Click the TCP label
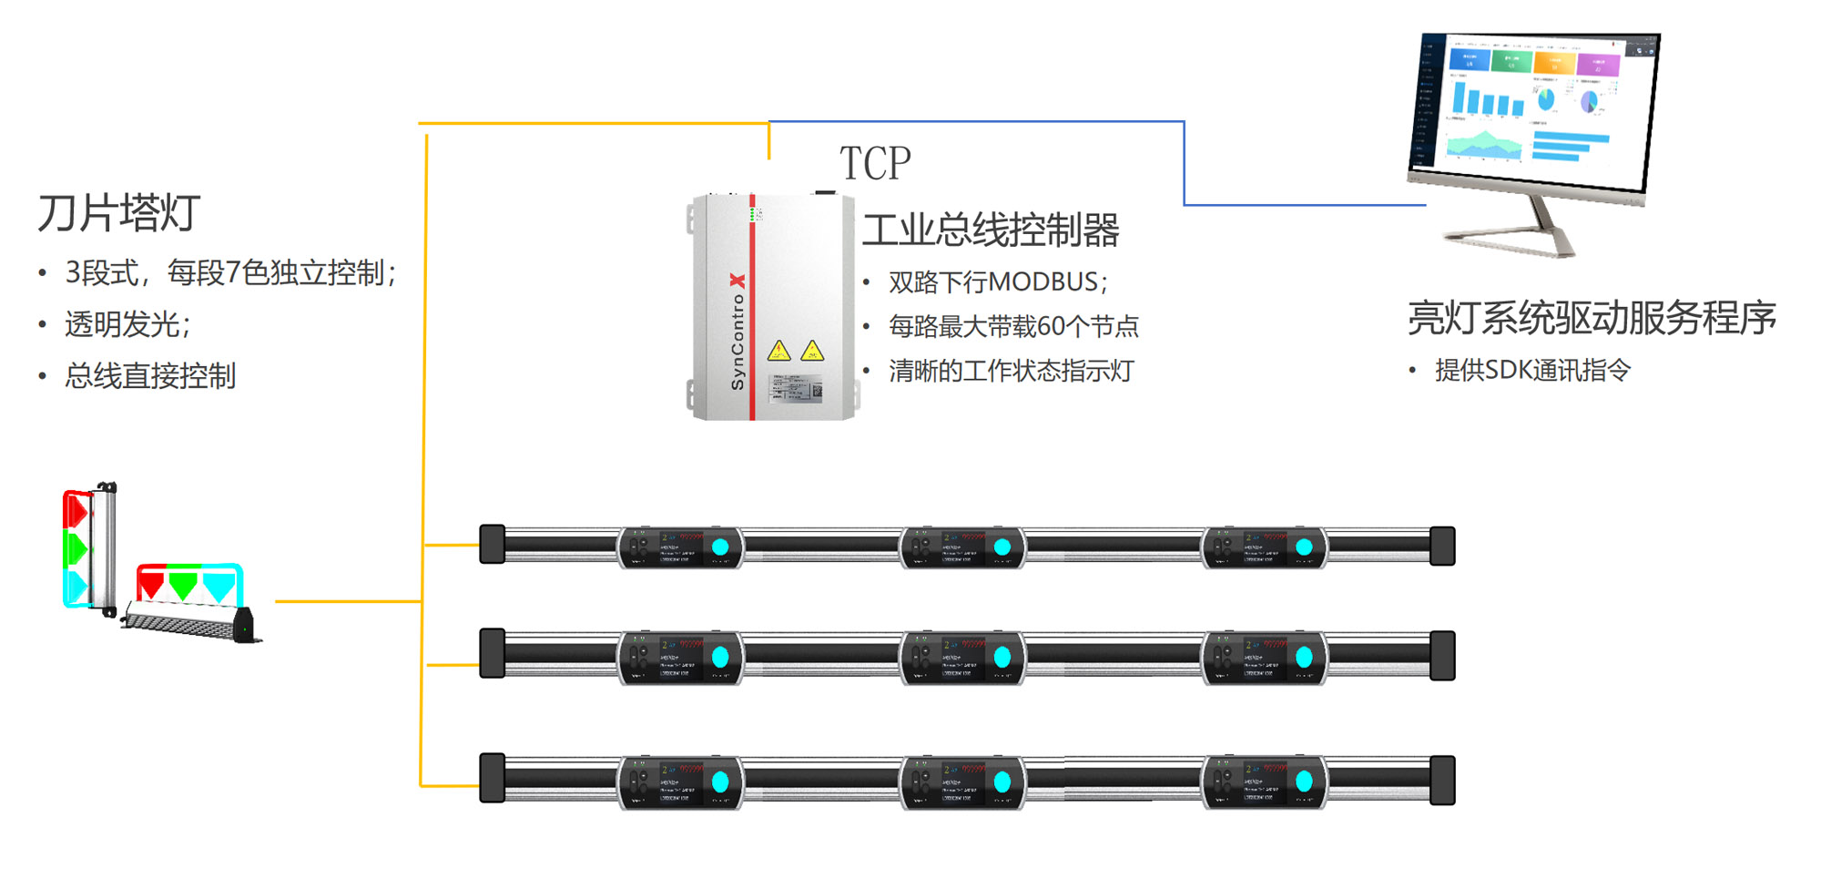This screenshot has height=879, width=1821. pos(874,164)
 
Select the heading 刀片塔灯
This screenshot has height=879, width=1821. pos(118,213)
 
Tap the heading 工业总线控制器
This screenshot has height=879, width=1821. pos(991,230)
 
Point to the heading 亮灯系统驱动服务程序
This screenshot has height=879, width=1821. pos(1592,318)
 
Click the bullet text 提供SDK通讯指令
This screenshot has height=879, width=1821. pos(1532,370)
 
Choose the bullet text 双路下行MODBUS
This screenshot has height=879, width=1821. pos(998,282)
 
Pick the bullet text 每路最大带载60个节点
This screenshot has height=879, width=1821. pos(1013,326)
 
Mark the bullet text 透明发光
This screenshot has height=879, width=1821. pos(127,324)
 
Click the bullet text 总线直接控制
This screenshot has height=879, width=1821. pos(150,375)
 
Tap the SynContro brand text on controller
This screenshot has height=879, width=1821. pos(738,332)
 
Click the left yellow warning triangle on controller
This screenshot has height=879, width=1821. pos(778,351)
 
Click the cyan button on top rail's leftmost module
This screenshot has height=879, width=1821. pos(720,547)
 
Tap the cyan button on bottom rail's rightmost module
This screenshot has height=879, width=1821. pos(1304,782)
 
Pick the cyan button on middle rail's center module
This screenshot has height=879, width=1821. pos(1002,657)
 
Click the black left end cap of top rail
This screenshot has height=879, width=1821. pos(492,544)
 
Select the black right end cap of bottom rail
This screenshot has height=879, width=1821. pos(1442,781)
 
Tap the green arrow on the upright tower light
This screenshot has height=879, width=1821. pos(76,548)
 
